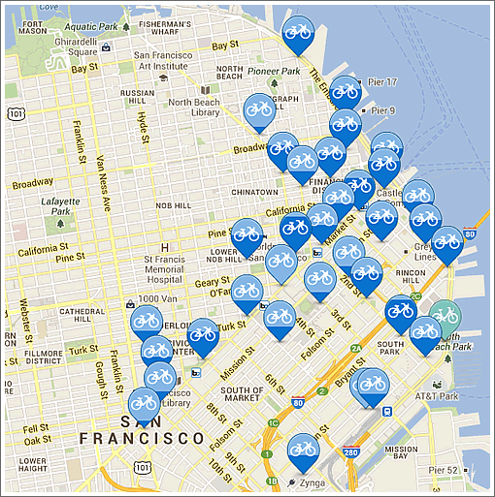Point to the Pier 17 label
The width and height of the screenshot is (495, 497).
pos(383,83)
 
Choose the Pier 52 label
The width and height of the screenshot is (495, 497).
pos(440,470)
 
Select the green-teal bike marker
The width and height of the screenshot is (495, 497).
pos(445,315)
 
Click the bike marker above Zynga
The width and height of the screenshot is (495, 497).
pos(303,449)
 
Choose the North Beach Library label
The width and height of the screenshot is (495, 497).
pos(194,107)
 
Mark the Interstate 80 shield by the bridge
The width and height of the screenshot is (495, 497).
pos(470,233)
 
